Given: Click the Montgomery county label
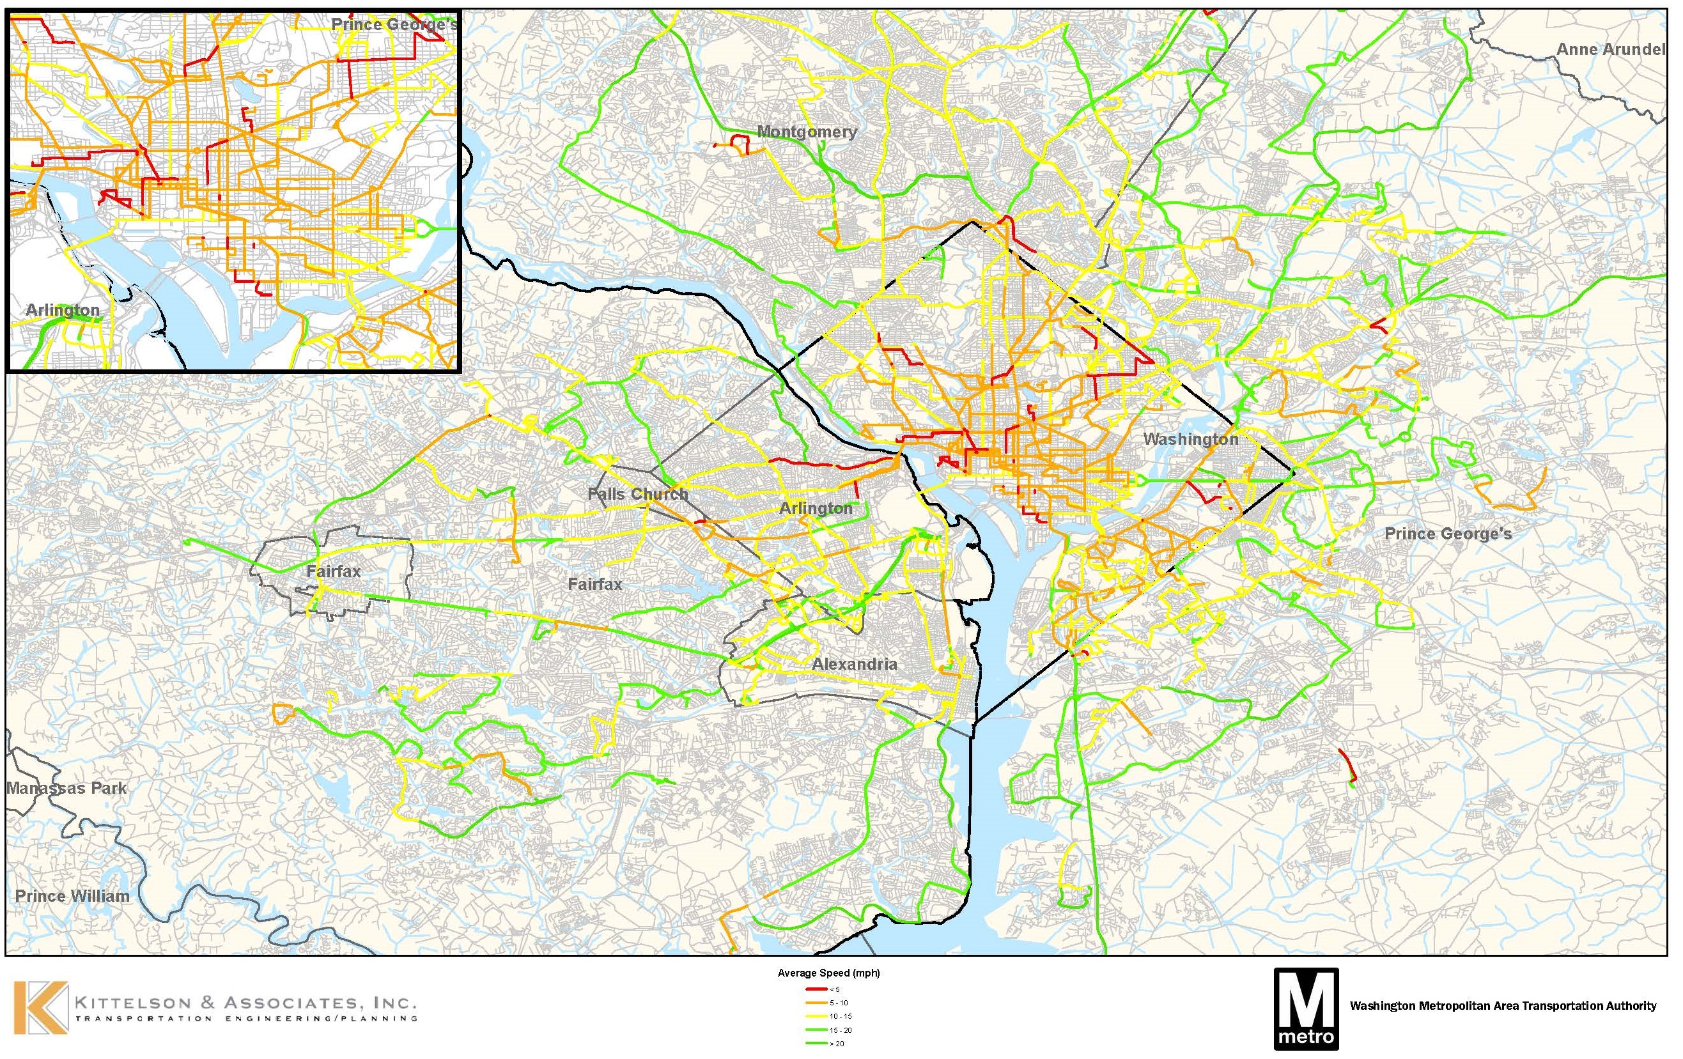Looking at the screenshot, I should click(x=807, y=132).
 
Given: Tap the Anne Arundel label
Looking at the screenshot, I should click(x=1610, y=50).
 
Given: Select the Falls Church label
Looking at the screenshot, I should click(x=637, y=494).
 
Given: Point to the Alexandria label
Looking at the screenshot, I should click(x=854, y=664).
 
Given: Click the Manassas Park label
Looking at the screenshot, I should click(x=67, y=789).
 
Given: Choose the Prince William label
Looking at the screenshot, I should click(x=72, y=896).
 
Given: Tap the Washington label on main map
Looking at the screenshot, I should click(x=1190, y=439).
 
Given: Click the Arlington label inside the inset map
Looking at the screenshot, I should click(x=62, y=310).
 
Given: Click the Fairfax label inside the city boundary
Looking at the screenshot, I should click(x=334, y=571).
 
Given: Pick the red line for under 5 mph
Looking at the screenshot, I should click(x=816, y=990).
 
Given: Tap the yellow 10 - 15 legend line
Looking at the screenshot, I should click(x=816, y=1016).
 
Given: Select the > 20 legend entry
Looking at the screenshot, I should click(x=837, y=1044).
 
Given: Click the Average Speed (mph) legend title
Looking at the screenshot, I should click(x=828, y=973).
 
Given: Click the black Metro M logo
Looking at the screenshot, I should click(x=1306, y=1008).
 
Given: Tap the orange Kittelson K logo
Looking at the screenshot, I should click(x=40, y=1007).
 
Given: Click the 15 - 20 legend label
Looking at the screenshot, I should click(x=840, y=1030).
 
